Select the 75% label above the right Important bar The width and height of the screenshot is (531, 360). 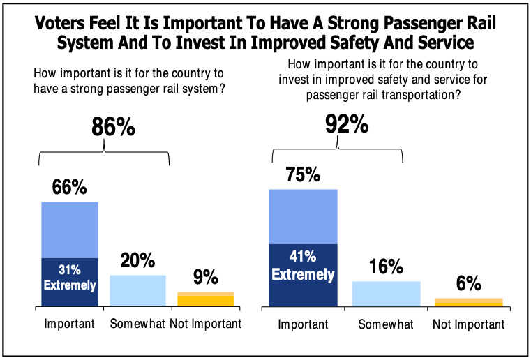(x=303, y=174)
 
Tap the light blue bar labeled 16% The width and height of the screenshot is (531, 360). (x=386, y=294)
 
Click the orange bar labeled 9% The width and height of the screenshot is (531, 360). (x=206, y=299)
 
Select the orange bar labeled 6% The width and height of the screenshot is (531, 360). (x=468, y=302)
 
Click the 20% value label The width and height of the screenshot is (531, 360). (x=137, y=261)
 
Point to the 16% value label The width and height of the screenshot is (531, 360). (x=386, y=267)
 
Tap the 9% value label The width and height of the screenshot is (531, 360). (x=206, y=277)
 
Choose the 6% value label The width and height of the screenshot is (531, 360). (x=469, y=283)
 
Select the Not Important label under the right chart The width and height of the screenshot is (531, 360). (x=468, y=324)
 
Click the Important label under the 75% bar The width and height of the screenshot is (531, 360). (x=303, y=324)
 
